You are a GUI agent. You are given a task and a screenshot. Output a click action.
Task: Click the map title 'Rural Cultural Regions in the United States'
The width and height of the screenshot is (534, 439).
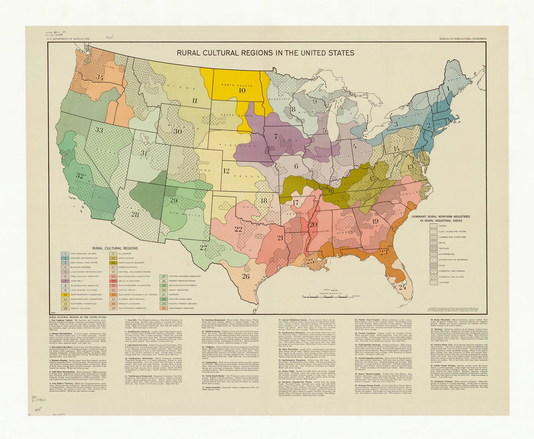click(x=265, y=53)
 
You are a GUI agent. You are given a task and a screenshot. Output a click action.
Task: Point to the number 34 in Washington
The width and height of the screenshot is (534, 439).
click(x=100, y=77)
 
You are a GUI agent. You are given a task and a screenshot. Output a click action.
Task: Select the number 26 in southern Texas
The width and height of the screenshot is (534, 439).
click(x=246, y=276)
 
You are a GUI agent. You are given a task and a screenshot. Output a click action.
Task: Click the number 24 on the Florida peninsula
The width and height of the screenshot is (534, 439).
click(x=402, y=287)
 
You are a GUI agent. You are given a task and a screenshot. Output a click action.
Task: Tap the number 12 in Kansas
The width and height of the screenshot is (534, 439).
click(x=226, y=171)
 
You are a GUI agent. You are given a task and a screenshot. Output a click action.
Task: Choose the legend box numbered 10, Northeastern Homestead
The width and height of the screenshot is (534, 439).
click(x=65, y=295)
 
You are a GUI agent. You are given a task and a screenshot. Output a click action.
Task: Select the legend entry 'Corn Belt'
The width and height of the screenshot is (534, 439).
click(x=76, y=281)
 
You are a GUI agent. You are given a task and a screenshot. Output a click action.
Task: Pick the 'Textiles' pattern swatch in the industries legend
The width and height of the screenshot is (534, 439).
click(x=433, y=248)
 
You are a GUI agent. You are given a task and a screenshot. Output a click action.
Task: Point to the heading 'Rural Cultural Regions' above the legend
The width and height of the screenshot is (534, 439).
click(x=115, y=248)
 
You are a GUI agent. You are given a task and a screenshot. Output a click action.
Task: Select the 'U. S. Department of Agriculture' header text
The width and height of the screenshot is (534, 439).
click(x=68, y=39)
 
